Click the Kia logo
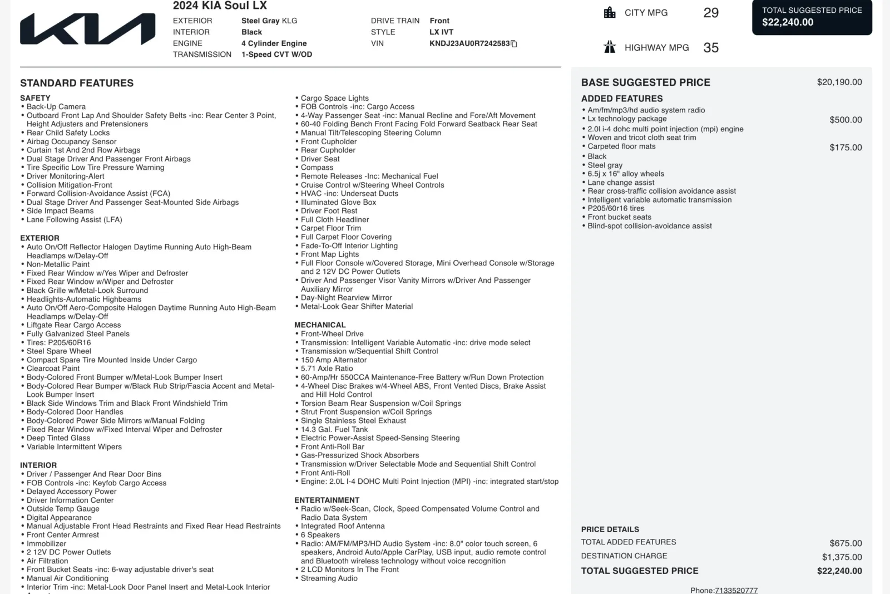tap(88, 29)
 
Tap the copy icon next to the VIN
tap(514, 44)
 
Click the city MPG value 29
tap(711, 13)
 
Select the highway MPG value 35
tap(711, 48)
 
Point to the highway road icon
tap(610, 47)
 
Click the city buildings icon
tap(610, 13)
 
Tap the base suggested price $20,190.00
tap(839, 82)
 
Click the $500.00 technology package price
tap(845, 120)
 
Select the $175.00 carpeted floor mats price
tap(845, 148)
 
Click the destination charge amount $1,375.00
tap(842, 557)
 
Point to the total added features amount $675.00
tap(845, 543)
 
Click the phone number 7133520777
tap(736, 590)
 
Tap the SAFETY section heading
tap(35, 98)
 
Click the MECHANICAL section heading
tap(320, 325)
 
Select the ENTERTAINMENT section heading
tap(327, 500)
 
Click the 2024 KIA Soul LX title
tap(220, 6)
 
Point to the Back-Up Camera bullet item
tap(56, 107)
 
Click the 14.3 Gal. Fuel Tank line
tap(334, 429)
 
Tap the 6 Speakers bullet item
tap(320, 535)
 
